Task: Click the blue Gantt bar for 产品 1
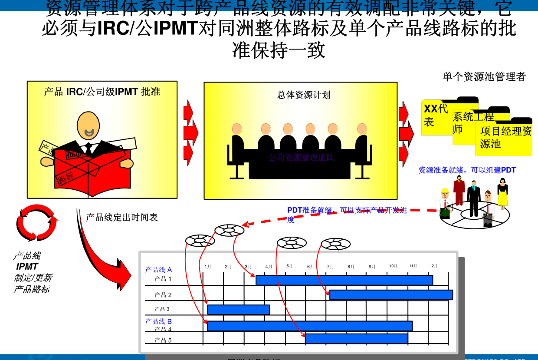coord(344,280)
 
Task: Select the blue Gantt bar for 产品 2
coord(391,295)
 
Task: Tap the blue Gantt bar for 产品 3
coord(238,310)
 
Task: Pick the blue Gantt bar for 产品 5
coord(356,339)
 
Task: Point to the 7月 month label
coord(331,267)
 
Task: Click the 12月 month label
coord(434,266)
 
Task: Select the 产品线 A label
coord(158,270)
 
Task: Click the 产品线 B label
coord(158,321)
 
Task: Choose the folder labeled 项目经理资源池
coord(506,137)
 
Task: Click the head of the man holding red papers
coord(89,125)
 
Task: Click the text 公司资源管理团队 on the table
coord(301,158)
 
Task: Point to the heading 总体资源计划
coord(304,95)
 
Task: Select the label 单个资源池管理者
coord(484,77)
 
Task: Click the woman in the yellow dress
coord(502,193)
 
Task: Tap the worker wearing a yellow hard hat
coord(445,203)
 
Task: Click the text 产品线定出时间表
coord(122,218)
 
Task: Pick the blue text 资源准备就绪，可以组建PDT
coord(467,170)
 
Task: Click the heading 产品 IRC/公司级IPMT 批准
coord(102,92)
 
